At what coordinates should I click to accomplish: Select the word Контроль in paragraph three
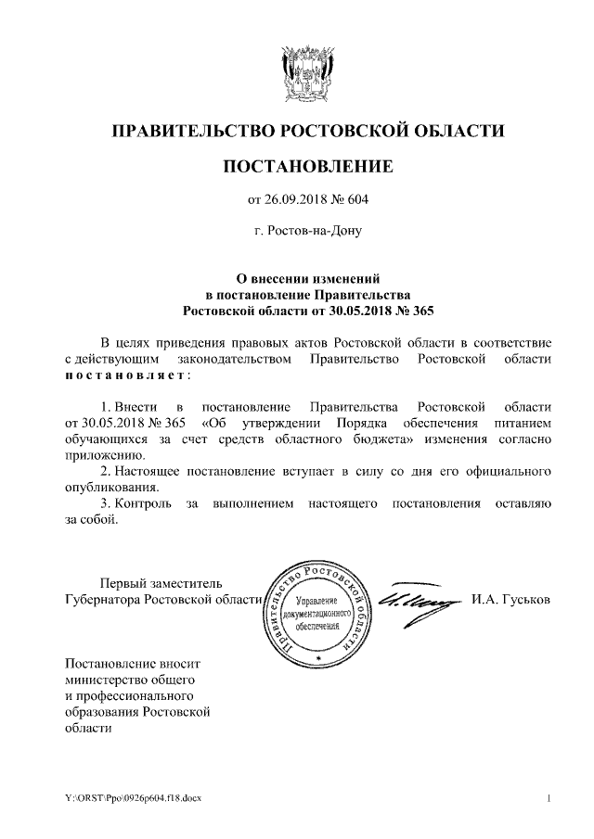tap(142, 503)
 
